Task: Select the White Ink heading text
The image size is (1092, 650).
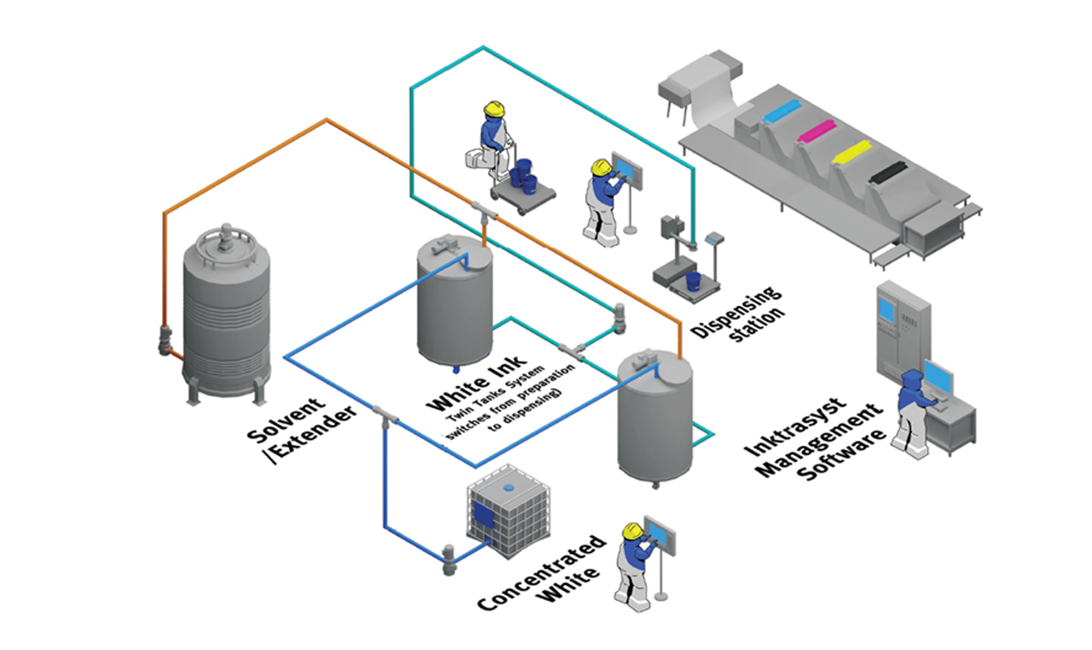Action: pos(476,383)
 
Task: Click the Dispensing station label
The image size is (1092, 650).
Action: pos(738,314)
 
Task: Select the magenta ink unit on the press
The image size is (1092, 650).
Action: pos(816,131)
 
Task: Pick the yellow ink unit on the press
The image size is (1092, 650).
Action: pos(851,152)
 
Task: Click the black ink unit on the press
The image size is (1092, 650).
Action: pos(888,172)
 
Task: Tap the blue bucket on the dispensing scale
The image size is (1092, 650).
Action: pos(694,281)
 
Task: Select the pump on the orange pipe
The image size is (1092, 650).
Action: pos(166,340)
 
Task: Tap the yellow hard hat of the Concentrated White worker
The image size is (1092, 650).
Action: pos(631,531)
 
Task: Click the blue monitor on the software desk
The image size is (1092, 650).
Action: pos(938,377)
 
